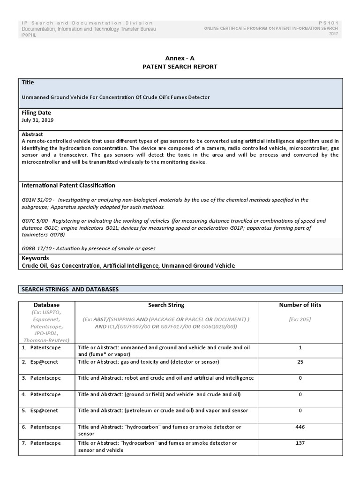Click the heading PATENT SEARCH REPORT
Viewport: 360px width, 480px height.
pyautogui.click(x=180, y=67)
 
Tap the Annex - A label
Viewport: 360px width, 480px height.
pyautogui.click(x=180, y=58)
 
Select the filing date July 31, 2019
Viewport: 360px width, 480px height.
pyautogui.click(x=37, y=120)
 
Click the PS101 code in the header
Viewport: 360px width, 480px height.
pyautogui.click(x=329, y=23)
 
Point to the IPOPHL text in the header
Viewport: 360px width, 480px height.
pyautogui.click(x=29, y=35)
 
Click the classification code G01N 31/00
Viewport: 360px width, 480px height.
pyautogui.click(x=37, y=200)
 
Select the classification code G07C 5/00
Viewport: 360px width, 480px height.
pyautogui.click(x=37, y=221)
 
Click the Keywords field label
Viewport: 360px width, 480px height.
pyautogui.click(x=35, y=258)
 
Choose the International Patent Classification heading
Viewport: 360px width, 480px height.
pyautogui.click(x=68, y=186)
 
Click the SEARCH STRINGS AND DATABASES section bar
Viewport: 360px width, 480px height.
pyautogui.click(x=180, y=289)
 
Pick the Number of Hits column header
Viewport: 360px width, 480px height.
pyautogui.click(x=300, y=305)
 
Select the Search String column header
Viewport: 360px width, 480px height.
pyautogui.click(x=166, y=305)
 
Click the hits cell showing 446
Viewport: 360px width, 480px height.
pyautogui.click(x=300, y=427)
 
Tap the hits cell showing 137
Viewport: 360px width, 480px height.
pyautogui.click(x=300, y=443)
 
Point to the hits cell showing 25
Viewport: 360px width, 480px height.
pyautogui.click(x=300, y=362)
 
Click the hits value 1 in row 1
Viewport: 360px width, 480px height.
pyautogui.click(x=300, y=348)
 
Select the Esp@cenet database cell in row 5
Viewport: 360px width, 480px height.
pyautogui.click(x=45, y=411)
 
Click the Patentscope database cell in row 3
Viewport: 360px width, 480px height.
pyautogui.click(x=45, y=378)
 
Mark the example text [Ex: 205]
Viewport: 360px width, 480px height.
pyautogui.click(x=300, y=319)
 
